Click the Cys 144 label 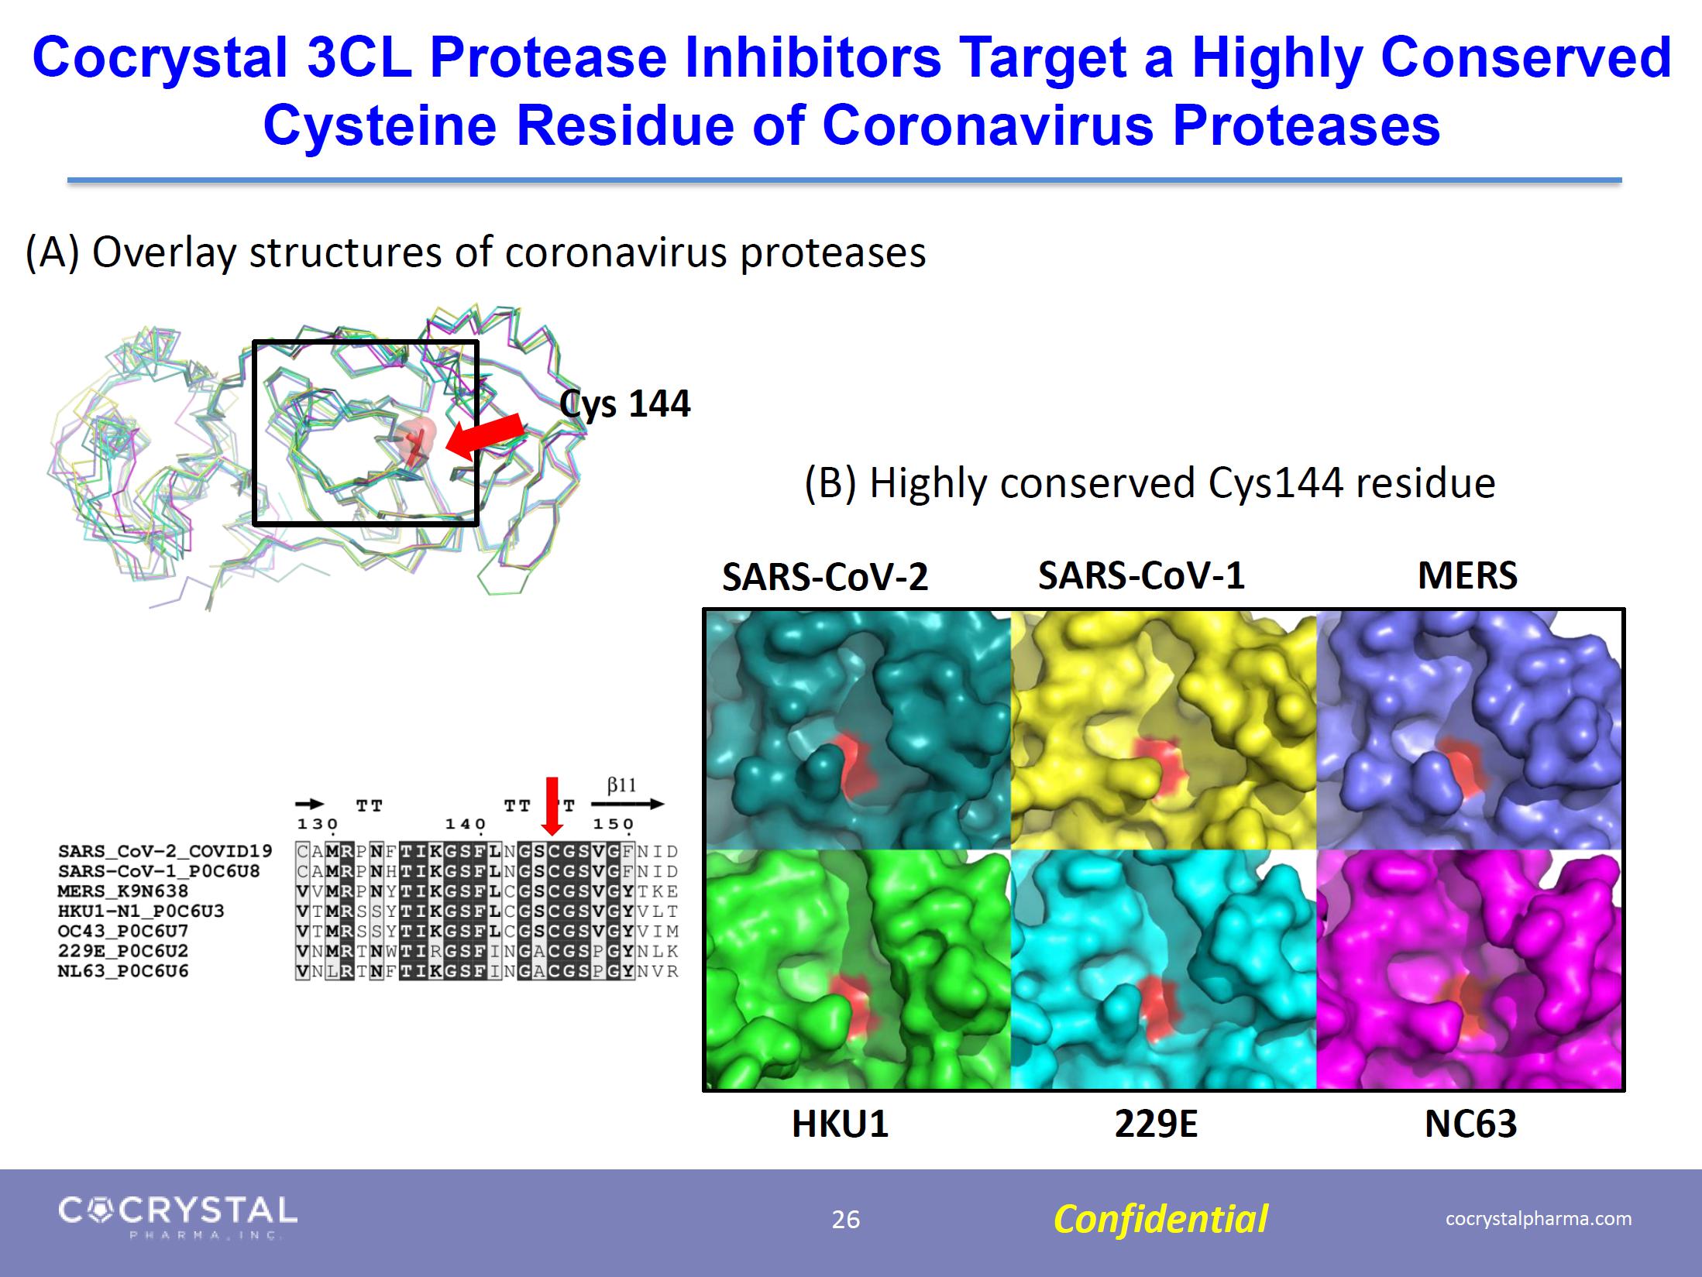point(624,404)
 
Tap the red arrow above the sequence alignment point(552,806)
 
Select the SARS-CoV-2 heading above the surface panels point(824,577)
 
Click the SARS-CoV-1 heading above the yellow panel point(1141,575)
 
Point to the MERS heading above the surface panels point(1467,575)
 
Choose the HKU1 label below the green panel point(840,1124)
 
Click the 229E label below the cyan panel point(1156,1124)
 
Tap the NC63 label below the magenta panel point(1470,1124)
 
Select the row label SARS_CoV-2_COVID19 point(165,851)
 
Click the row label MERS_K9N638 point(122,891)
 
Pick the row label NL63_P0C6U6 point(122,971)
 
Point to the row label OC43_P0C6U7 point(122,931)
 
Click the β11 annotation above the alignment point(621,785)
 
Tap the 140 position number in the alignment point(465,824)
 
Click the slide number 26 point(846,1220)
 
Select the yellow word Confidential point(1160,1219)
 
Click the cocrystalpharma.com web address point(1539,1218)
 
